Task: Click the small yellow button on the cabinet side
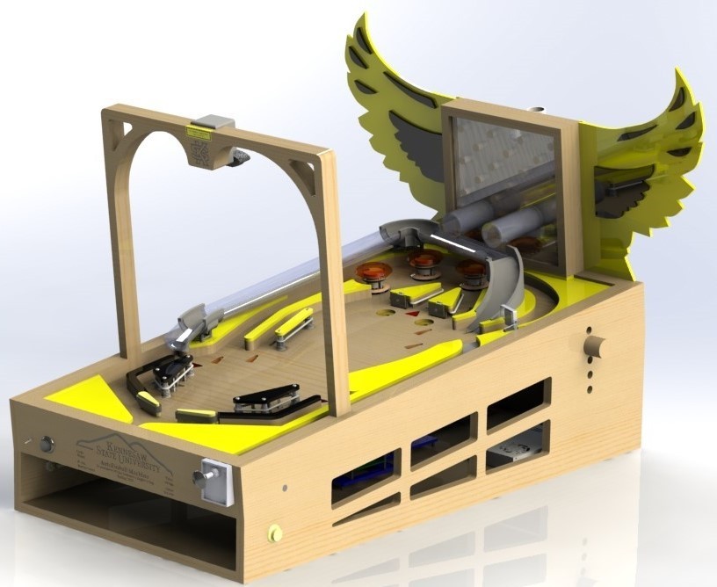[x=275, y=533]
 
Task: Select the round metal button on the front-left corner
[x=46, y=446]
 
